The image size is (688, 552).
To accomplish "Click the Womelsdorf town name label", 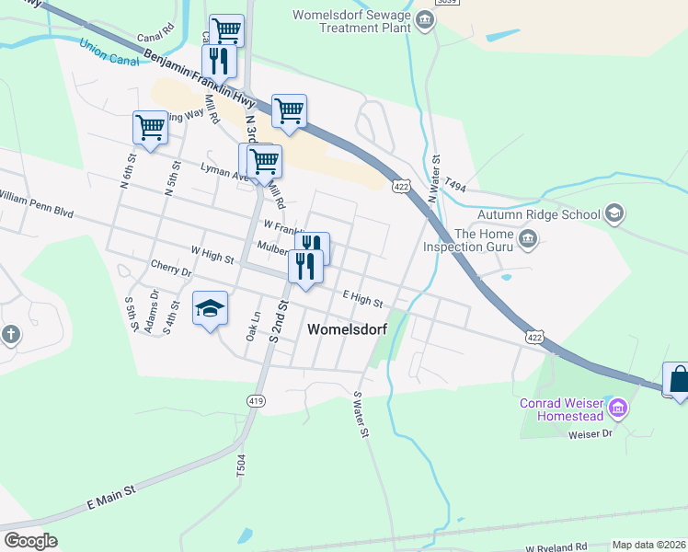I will coord(347,329).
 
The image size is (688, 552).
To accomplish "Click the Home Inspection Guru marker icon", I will coord(528,240).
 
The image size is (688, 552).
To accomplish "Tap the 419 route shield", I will coord(256,400).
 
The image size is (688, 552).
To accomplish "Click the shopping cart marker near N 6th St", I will coord(150,128).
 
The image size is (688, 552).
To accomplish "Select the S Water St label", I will coord(361,414).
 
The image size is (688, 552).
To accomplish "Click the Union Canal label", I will coord(109,52).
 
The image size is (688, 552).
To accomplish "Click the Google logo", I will coord(30,541).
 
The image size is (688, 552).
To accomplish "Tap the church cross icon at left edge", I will coord(10,334).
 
